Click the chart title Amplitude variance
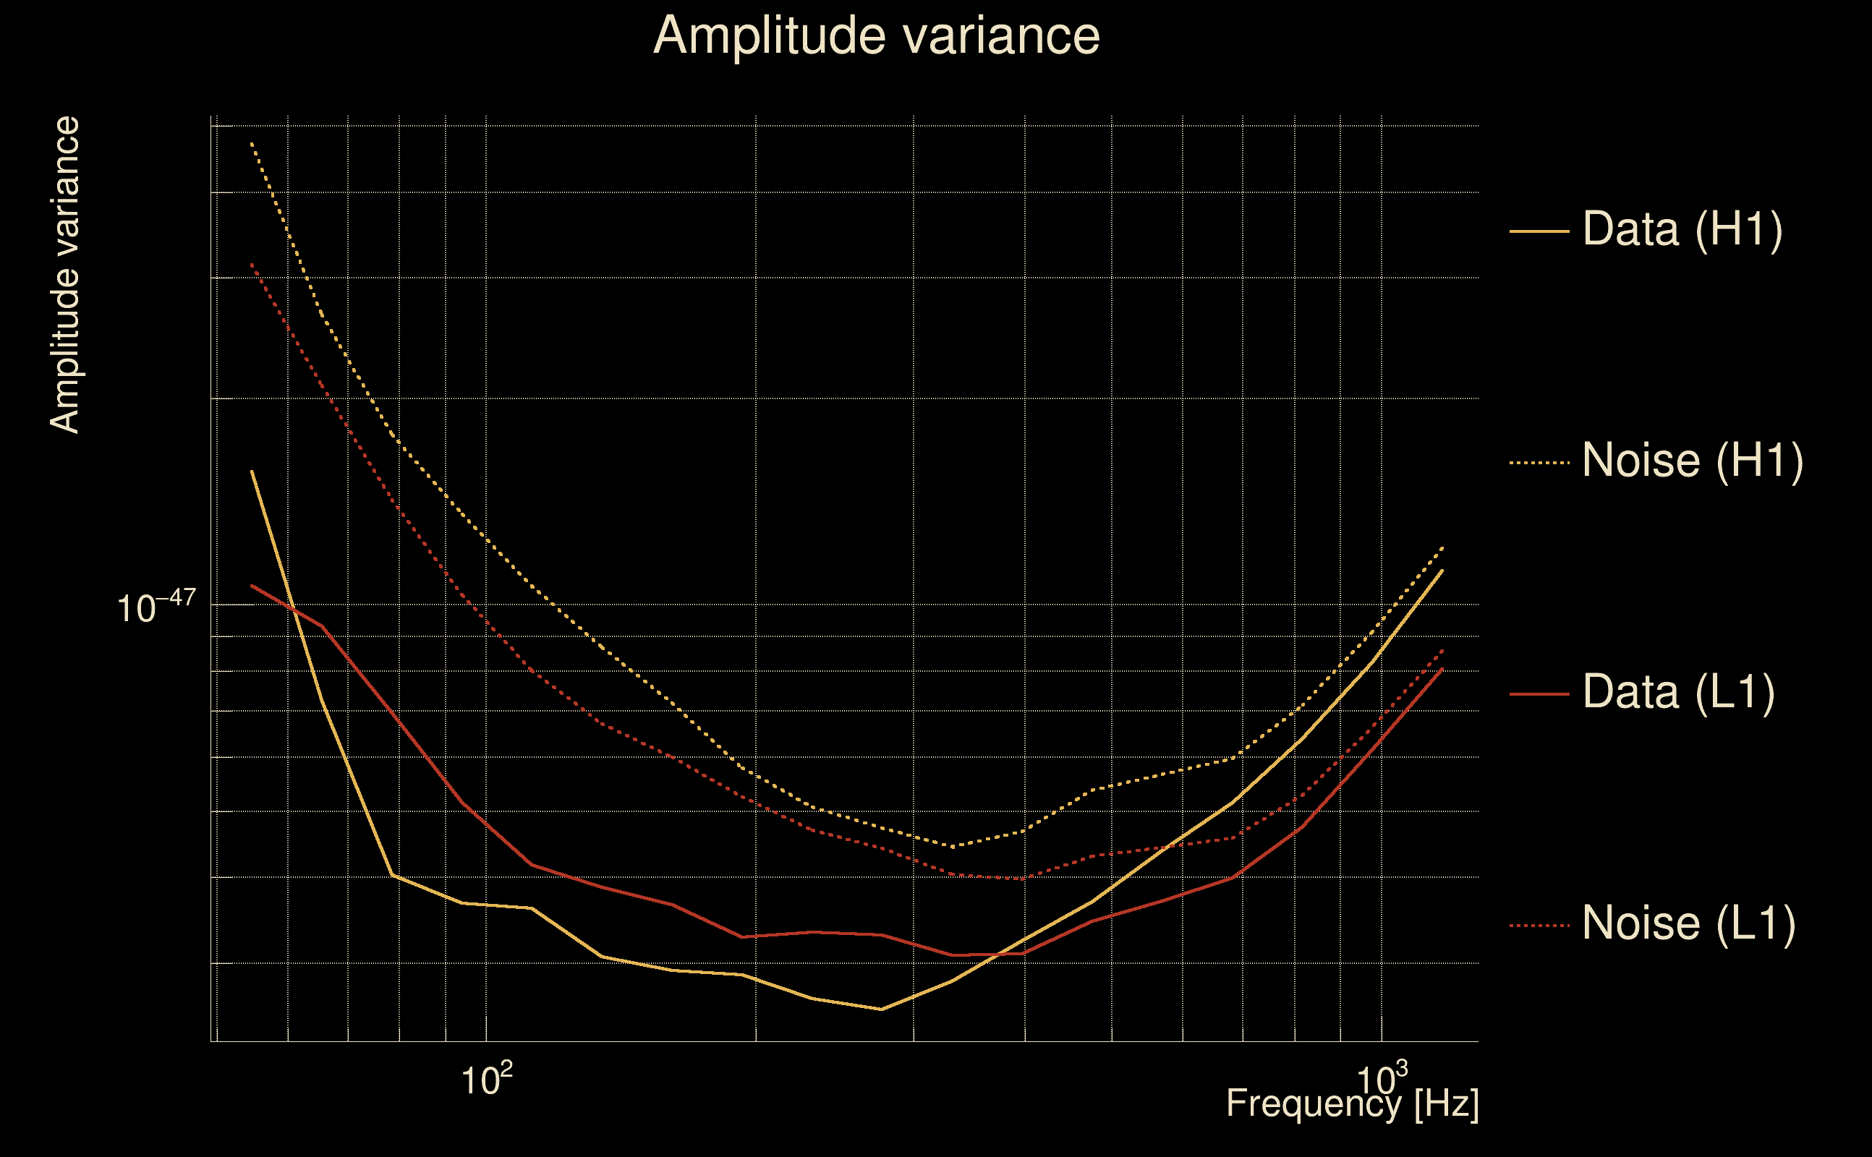tap(876, 36)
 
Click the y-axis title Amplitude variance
tap(65, 276)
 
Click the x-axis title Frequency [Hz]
tap(1353, 1103)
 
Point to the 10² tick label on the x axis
tap(486, 1080)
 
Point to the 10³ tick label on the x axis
tap(1382, 1080)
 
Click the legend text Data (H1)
tap(1682, 229)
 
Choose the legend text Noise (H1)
tap(1692, 461)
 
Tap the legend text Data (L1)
tap(1678, 693)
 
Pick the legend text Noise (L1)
tap(1688, 923)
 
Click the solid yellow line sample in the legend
tap(1539, 231)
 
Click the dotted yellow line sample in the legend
tap(1539, 463)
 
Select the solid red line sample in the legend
tap(1539, 694)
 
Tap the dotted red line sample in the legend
tap(1539, 926)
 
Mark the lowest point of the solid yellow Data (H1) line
tap(882, 1009)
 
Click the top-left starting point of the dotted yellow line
tap(252, 143)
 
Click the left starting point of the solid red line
tap(252, 586)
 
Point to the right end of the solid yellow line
tap(1442, 570)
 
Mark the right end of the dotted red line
tap(1442, 650)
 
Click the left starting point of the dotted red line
tap(252, 264)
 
